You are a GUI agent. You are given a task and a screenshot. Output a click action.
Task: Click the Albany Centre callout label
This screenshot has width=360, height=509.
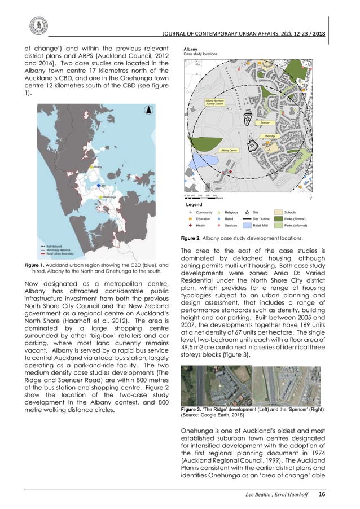click(x=229, y=151)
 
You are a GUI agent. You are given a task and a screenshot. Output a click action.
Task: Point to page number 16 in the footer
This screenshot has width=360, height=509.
click(x=322, y=494)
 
